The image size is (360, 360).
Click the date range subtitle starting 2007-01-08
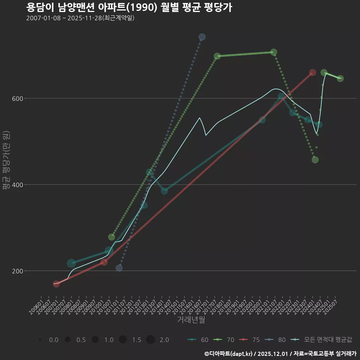80,18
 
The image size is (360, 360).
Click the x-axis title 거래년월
191,320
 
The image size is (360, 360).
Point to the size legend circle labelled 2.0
150,340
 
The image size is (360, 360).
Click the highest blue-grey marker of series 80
202,37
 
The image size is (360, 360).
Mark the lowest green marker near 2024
315,160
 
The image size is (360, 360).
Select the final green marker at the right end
340,78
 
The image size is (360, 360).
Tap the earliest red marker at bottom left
56,284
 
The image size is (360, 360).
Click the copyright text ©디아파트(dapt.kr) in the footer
229,354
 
